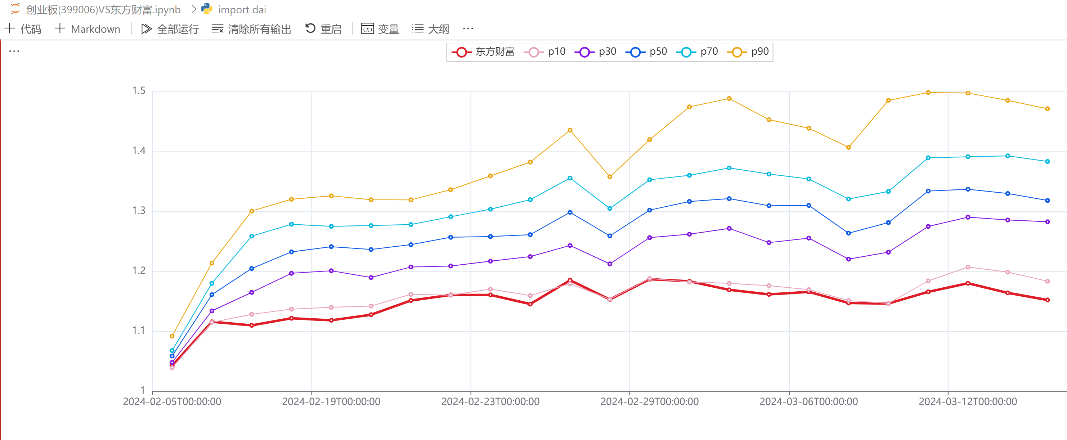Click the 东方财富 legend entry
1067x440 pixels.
coord(483,52)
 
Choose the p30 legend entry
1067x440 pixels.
coord(596,52)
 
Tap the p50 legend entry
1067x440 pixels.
coord(647,52)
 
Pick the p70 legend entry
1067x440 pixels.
coord(698,52)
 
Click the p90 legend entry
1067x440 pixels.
coord(749,52)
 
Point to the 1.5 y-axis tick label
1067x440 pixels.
coord(139,91)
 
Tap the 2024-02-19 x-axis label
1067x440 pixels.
coord(331,401)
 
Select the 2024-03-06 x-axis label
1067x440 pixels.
coord(808,401)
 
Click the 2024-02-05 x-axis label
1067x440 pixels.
coord(172,401)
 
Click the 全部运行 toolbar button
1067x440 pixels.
coord(170,29)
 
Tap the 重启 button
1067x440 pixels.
coord(323,29)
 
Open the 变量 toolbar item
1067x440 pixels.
coord(380,29)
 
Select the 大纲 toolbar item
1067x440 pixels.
coord(431,29)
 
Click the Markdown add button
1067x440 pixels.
coord(88,29)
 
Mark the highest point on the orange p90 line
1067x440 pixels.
coord(928,93)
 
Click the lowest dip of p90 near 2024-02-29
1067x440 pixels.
coord(610,177)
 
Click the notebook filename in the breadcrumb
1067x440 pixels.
coord(103,9)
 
